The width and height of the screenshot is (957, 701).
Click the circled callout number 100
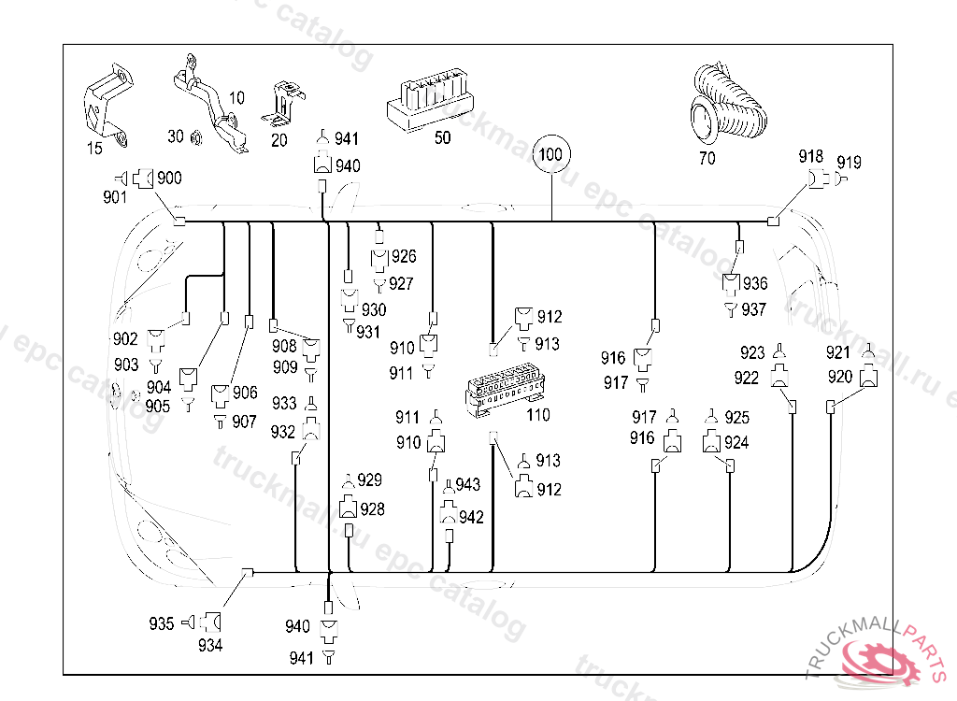click(x=551, y=152)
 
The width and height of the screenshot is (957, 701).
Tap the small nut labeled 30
click(x=197, y=138)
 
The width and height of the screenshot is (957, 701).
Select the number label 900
click(x=169, y=178)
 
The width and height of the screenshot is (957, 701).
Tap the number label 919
click(x=849, y=163)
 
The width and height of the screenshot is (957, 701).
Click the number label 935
click(x=162, y=623)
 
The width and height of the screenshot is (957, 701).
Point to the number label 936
click(x=754, y=283)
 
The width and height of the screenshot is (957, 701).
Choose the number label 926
click(x=404, y=256)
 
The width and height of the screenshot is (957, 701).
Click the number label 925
click(x=736, y=417)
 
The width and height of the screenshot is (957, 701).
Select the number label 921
click(x=838, y=352)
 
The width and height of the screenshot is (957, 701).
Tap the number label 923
click(x=752, y=352)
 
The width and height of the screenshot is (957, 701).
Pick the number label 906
click(x=245, y=393)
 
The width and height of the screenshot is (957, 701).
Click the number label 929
click(x=370, y=479)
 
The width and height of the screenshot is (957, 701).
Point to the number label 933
click(x=284, y=403)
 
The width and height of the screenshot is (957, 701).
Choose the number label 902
click(x=125, y=338)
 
